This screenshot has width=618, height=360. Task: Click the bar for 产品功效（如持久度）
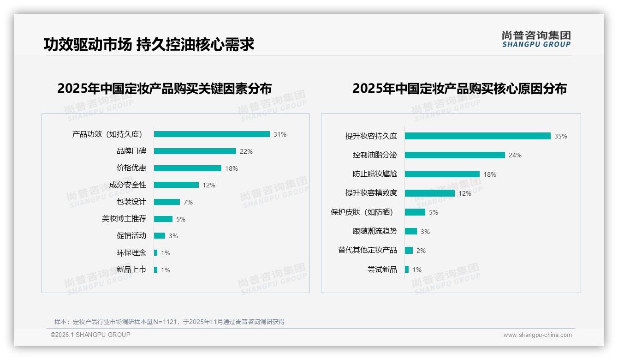pos(212,134)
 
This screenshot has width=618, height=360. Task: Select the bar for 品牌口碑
pos(195,151)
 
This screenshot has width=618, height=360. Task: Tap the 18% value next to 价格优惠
pos(232,168)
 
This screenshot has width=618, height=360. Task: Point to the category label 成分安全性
pos(128,185)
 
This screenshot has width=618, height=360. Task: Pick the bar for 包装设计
pos(166,202)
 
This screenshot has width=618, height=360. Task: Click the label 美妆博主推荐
pos(124,219)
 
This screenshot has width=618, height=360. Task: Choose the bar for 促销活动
pos(159,236)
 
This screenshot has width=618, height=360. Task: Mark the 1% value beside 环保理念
pos(166,253)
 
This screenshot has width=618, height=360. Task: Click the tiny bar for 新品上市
pos(155,270)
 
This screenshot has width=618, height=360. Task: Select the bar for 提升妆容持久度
pos(477,136)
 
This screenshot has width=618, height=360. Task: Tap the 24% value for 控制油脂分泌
pos(515,156)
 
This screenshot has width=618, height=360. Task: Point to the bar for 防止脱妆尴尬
pos(442,174)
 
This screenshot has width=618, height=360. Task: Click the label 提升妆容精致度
pos(371,193)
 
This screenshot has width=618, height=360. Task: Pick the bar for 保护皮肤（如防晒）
pos(415,212)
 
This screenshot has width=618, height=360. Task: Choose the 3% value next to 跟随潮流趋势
pos(425,232)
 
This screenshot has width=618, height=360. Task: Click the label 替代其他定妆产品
pos(368,250)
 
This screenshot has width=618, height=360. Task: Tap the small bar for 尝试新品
pos(407,270)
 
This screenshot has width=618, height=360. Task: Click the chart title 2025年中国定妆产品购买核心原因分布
pos(459,89)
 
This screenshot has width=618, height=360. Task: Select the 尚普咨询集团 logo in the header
pos(536,39)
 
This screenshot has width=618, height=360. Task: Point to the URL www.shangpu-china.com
pos(537,335)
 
